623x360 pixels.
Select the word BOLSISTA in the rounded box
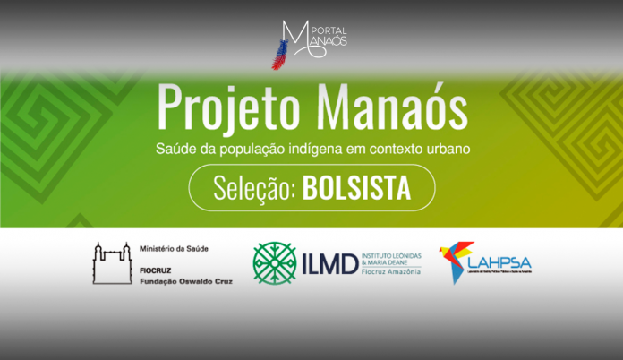tap(356, 189)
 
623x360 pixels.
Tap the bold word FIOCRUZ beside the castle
tap(158, 269)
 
